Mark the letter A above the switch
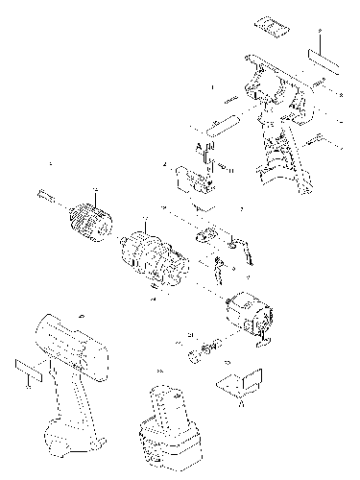(199, 147)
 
